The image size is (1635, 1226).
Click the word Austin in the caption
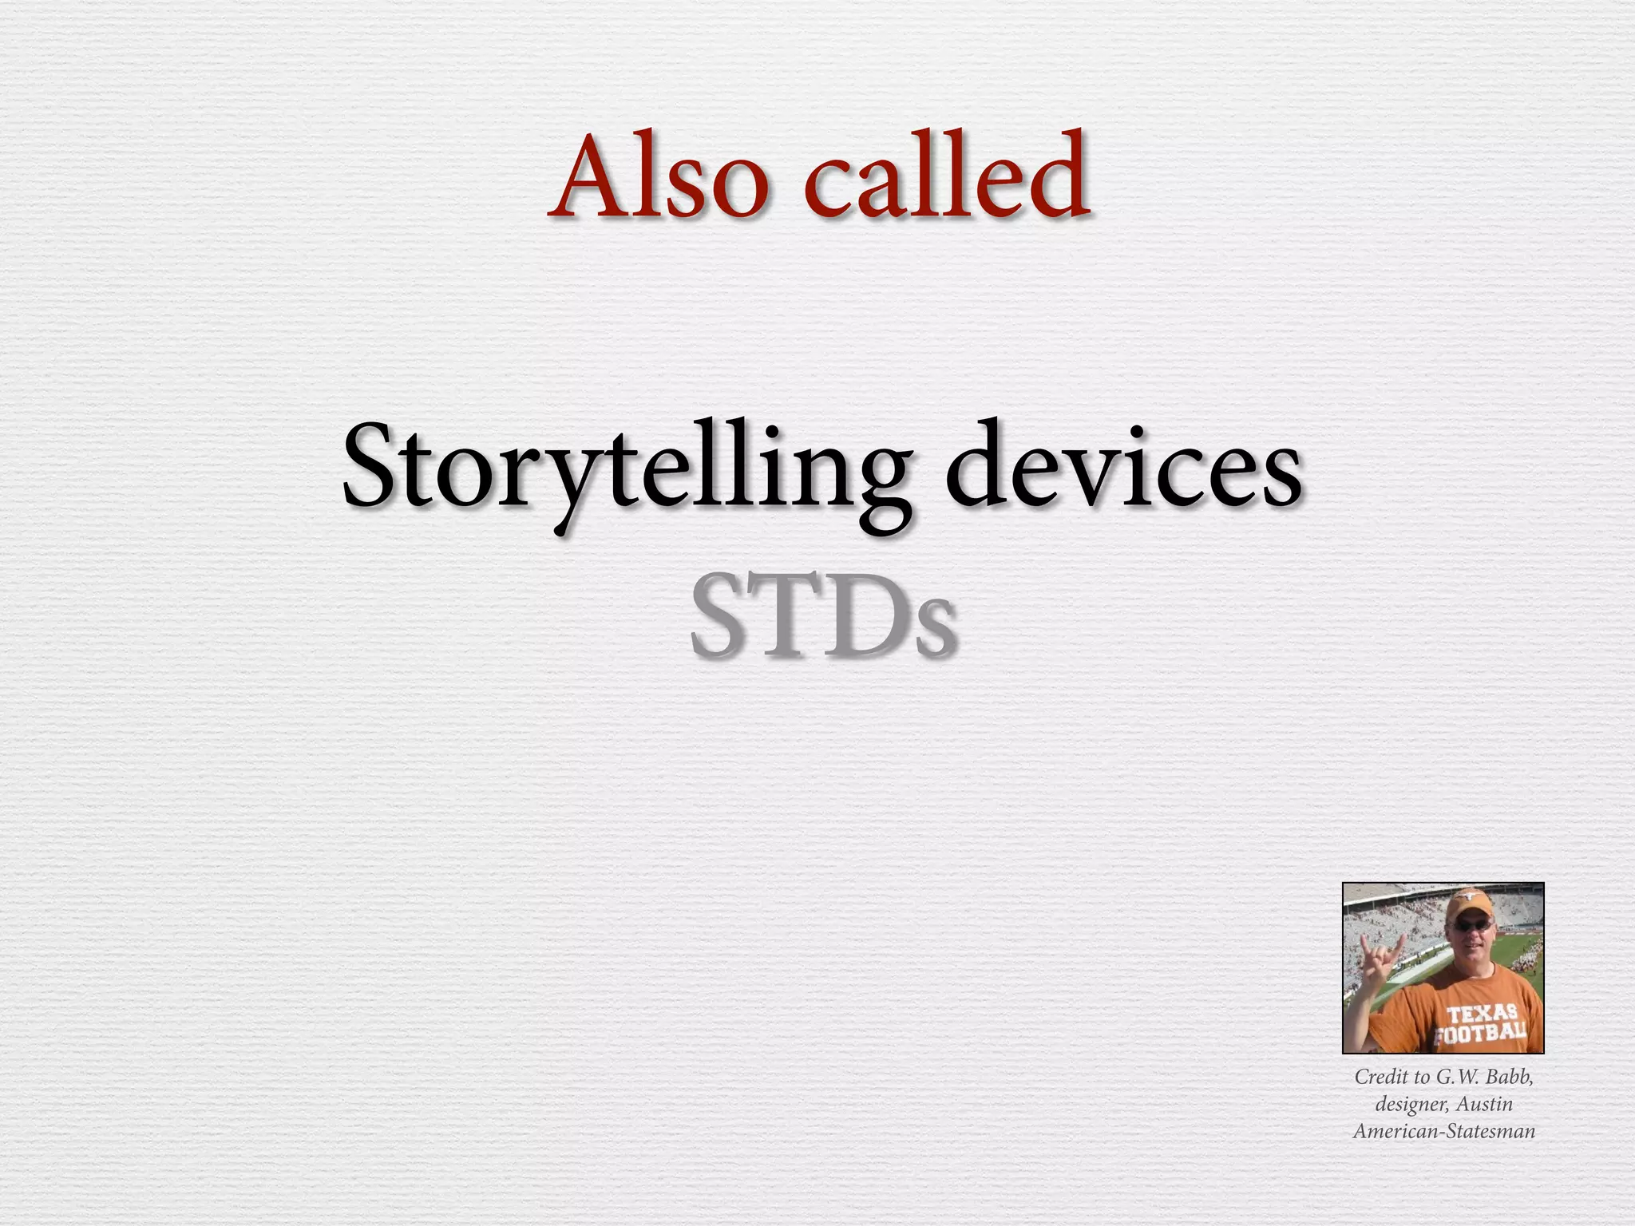(1484, 1104)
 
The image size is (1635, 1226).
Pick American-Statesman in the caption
(1443, 1131)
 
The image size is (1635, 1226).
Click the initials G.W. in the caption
(1457, 1077)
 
